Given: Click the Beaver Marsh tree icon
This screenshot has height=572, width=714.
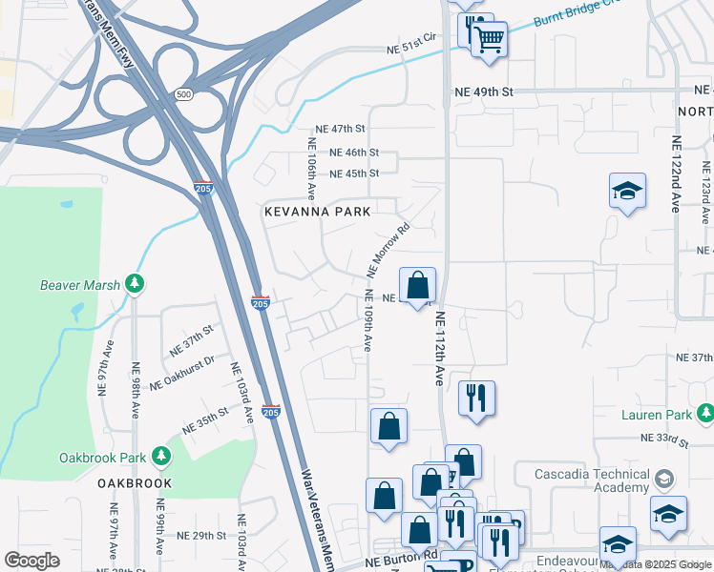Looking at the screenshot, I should coord(136,284).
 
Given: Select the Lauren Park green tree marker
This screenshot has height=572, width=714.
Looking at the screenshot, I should coord(704,415).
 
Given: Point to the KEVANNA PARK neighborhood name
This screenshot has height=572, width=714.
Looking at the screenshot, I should coord(317,212).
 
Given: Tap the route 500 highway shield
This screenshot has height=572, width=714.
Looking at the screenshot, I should coord(182,94).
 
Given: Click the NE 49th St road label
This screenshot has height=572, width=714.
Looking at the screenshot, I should coord(489,92).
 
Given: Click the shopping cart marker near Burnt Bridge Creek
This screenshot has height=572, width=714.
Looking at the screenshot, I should coord(489,41).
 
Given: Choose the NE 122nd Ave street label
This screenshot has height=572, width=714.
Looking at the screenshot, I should coord(677,173).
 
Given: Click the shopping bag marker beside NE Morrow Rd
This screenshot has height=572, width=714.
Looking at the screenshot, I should coord(417,286).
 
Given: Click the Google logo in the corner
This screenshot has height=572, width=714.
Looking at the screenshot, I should coord(32,560).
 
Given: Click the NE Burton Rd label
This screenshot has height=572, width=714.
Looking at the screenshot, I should coord(400,554).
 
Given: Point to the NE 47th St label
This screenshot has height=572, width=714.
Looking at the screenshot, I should coord(341,129).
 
